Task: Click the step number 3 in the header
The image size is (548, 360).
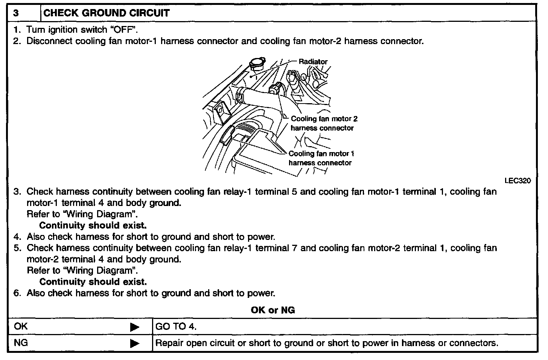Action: pos(16,13)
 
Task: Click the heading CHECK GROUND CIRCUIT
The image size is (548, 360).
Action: pos(107,13)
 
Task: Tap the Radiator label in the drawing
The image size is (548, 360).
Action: pos(313,61)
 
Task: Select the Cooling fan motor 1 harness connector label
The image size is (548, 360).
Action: pos(321,158)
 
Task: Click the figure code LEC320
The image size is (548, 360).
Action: pos(518,181)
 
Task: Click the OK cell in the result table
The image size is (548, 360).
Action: pos(21,326)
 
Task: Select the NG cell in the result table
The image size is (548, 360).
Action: pos(21,343)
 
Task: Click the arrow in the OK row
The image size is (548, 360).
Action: pos(134,327)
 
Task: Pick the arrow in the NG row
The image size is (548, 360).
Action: pos(134,343)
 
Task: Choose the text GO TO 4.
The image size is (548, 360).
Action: pos(176,326)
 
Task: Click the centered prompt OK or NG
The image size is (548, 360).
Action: pos(273,310)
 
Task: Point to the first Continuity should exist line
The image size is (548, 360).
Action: pos(93,226)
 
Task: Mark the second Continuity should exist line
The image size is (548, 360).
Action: pos(93,282)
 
